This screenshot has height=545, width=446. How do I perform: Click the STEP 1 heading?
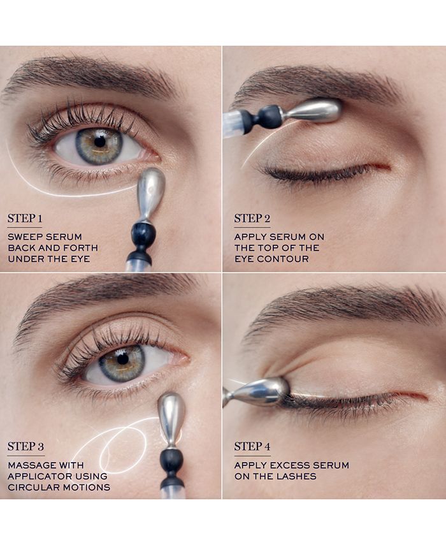click(25, 219)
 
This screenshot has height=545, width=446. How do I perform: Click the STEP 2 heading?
click(252, 219)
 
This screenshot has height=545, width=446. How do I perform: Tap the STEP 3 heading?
click(25, 447)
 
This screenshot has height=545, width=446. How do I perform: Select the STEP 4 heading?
click(252, 447)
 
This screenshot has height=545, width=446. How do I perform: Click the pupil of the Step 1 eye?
click(99, 142)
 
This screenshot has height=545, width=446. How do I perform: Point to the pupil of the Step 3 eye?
click(122, 358)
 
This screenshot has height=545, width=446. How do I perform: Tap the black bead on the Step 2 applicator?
click(270, 117)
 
